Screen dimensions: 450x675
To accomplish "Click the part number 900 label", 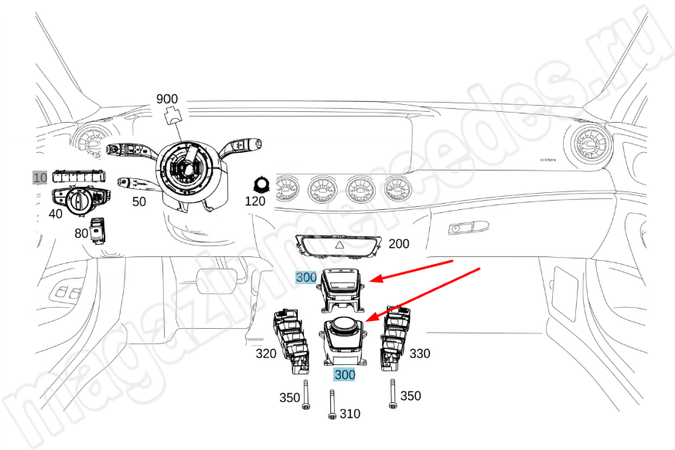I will [x=167, y=99].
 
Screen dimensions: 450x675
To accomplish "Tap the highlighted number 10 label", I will [x=39, y=177].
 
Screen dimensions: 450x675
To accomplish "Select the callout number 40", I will [x=55, y=213].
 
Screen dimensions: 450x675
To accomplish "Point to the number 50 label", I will [x=138, y=202].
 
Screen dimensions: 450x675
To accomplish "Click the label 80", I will [x=81, y=232].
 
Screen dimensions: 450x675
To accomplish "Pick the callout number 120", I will [x=255, y=201].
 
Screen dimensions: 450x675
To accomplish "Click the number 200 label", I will [x=399, y=244].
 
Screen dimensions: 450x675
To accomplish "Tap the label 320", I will [x=267, y=354].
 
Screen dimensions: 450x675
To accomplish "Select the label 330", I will [x=421, y=354].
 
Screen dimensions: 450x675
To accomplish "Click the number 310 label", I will [x=349, y=414].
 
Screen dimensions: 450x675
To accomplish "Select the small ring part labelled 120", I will [x=261, y=183].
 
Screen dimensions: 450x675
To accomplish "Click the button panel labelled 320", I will [x=290, y=339].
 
